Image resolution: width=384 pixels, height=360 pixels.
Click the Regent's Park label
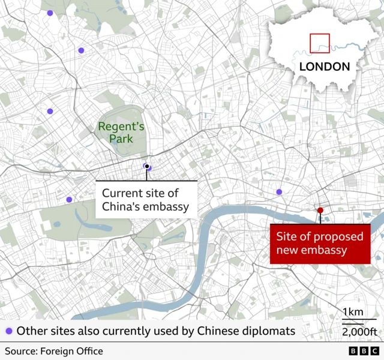click(x=121, y=133)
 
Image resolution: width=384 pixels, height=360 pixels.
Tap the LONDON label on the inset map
click(x=324, y=66)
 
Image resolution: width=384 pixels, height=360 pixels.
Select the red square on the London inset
click(x=320, y=43)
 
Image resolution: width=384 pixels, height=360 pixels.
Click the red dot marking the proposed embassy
click(x=320, y=210)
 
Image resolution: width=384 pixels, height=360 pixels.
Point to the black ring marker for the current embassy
click(x=146, y=166)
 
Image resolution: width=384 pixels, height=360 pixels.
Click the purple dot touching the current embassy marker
click(x=149, y=168)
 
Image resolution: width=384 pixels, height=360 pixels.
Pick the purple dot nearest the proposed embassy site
click(x=279, y=192)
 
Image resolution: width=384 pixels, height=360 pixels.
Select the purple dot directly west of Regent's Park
click(x=50, y=111)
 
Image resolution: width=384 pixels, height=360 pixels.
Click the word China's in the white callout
click(x=122, y=207)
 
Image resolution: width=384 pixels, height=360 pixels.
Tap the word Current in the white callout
click(x=122, y=193)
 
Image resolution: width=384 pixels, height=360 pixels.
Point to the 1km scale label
click(x=352, y=311)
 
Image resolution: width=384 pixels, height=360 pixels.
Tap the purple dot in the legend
click(x=9, y=331)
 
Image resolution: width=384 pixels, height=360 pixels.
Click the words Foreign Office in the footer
click(x=73, y=351)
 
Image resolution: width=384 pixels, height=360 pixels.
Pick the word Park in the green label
click(x=120, y=139)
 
